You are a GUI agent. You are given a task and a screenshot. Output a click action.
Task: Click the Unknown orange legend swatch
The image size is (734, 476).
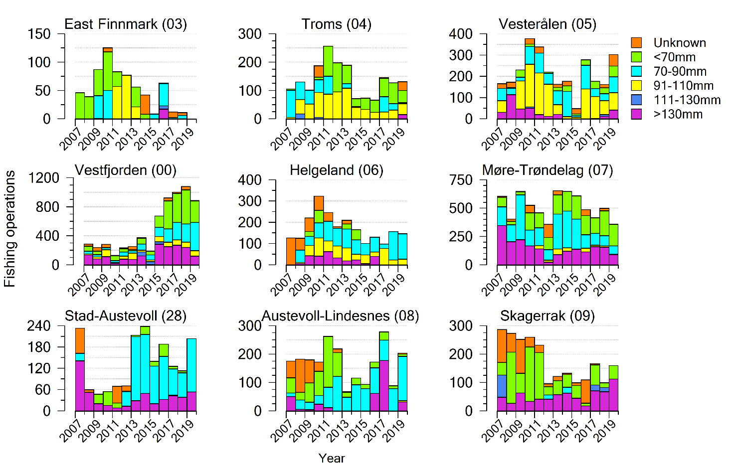point(636,43)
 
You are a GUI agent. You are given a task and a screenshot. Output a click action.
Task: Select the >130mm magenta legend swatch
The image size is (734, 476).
point(636,114)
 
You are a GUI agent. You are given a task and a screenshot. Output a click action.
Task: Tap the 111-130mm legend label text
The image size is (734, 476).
point(687,100)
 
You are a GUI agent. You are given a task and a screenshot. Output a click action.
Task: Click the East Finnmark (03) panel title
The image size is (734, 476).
point(126,24)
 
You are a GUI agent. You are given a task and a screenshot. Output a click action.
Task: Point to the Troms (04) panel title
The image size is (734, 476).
point(336,24)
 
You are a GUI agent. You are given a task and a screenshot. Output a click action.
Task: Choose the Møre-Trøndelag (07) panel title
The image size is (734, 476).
point(547,170)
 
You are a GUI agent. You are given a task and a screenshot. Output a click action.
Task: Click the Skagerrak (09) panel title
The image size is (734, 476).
point(547,316)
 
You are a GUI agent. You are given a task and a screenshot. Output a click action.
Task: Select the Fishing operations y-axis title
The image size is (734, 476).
point(10,229)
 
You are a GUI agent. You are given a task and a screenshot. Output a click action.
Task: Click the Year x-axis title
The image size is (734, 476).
point(332,458)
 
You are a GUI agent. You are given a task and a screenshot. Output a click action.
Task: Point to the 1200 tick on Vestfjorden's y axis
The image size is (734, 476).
point(44,178)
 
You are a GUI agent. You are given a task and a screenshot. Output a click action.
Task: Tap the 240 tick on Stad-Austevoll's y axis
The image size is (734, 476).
point(39,325)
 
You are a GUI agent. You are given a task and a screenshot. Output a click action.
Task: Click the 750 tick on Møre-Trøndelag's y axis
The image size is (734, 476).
point(461,180)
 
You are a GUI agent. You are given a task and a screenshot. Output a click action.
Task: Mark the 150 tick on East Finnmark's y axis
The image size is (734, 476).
point(39,34)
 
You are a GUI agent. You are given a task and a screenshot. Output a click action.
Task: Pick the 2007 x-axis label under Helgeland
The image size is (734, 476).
point(282,285)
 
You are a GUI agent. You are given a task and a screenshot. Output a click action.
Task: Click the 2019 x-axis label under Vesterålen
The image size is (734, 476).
point(605,139)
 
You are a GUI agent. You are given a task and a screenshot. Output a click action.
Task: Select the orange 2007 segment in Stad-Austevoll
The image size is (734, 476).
point(80,340)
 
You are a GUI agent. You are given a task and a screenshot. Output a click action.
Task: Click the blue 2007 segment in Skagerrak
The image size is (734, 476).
point(502,386)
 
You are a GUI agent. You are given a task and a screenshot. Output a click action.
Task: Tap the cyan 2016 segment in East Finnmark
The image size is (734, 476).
point(164,94)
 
